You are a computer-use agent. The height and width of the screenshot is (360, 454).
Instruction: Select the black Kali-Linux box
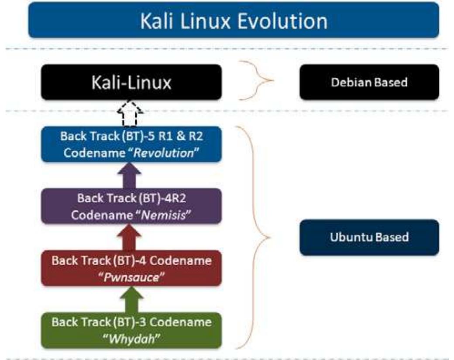[131, 82]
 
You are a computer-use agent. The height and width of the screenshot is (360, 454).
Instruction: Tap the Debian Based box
[369, 82]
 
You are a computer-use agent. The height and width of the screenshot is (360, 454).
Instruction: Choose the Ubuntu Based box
[369, 237]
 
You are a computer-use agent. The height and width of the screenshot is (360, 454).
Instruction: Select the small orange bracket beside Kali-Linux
[258, 81]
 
